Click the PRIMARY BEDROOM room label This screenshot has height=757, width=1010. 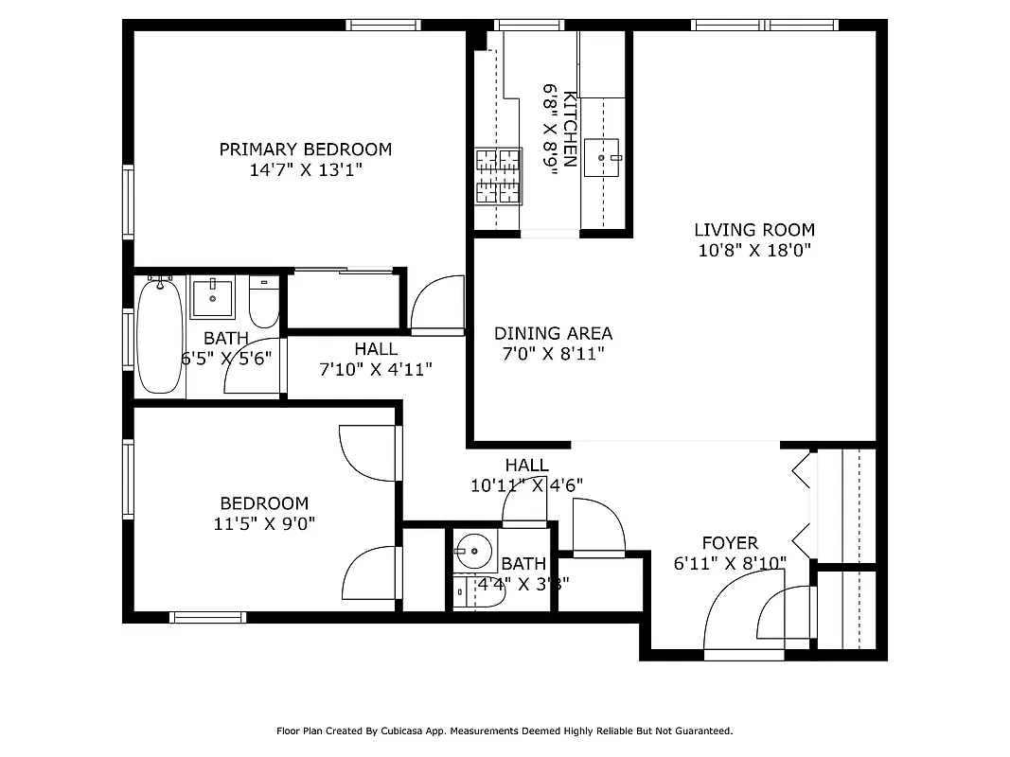[305, 150]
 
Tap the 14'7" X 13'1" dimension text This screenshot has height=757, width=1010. [305, 170]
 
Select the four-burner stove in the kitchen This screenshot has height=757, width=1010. [498, 176]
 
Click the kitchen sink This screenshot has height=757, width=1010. [602, 157]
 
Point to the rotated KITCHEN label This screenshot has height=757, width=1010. [570, 129]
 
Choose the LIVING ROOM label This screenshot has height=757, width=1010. [753, 230]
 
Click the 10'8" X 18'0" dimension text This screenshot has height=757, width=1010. [753, 251]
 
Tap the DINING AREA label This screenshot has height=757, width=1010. [553, 333]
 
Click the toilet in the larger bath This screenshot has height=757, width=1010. [263, 301]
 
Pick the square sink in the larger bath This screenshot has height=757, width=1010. [212, 298]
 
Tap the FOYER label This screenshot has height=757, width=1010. [729, 543]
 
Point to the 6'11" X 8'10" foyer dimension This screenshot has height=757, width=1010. [729, 563]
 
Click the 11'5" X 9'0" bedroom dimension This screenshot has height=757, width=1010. [264, 523]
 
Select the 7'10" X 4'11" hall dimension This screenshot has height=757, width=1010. [376, 369]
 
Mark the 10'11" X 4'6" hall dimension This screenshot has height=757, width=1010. [526, 485]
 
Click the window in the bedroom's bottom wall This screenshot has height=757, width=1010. [208, 617]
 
